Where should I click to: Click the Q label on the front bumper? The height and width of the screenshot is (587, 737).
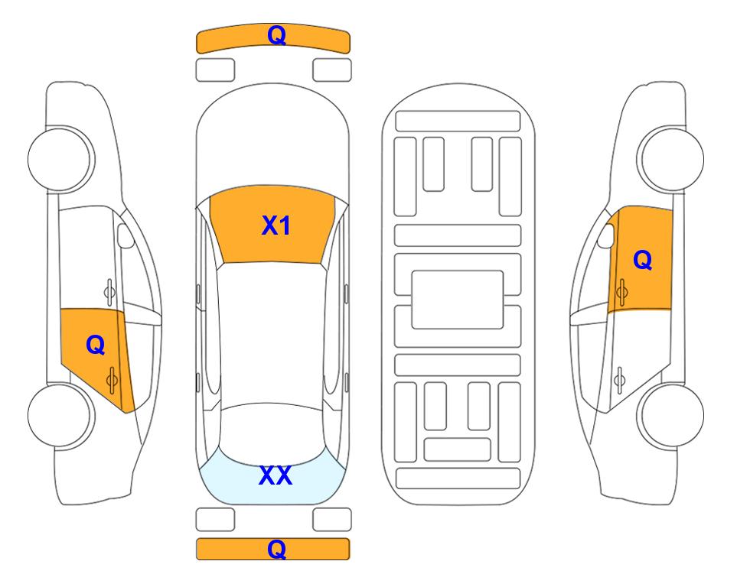pyautogui.click(x=276, y=35)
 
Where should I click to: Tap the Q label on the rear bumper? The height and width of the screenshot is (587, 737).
pyautogui.click(x=276, y=549)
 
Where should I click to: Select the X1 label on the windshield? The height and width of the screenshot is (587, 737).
pyautogui.click(x=276, y=225)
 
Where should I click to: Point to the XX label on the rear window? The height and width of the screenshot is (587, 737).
pyautogui.click(x=276, y=475)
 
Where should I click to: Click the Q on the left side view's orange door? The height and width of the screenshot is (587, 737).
pyautogui.click(x=96, y=345)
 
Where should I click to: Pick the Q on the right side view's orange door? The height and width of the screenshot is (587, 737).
pyautogui.click(x=643, y=260)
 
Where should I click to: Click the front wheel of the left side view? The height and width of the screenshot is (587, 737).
pyautogui.click(x=60, y=159)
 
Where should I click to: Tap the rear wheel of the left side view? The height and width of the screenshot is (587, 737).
pyautogui.click(x=60, y=415)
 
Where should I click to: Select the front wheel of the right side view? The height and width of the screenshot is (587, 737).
pyautogui.click(x=671, y=159)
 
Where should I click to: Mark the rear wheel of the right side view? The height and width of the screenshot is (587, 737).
pyautogui.click(x=671, y=415)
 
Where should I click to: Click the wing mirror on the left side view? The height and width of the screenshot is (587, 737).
pyautogui.click(x=125, y=235)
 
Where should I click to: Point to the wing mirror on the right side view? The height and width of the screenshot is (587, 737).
pyautogui.click(x=606, y=235)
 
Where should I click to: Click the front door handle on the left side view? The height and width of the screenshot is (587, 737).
pyautogui.click(x=109, y=292)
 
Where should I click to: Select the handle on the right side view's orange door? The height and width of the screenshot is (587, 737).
pyautogui.click(x=621, y=292)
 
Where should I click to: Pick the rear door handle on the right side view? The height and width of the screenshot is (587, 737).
pyautogui.click(x=620, y=379)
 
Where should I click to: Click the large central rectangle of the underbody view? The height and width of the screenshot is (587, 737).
pyautogui.click(x=458, y=300)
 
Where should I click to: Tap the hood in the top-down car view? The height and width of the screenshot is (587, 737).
pyautogui.click(x=272, y=141)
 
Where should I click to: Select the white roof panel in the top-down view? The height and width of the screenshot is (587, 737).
pyautogui.click(x=272, y=334)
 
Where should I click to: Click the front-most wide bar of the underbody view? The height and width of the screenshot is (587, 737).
pyautogui.click(x=458, y=122)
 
